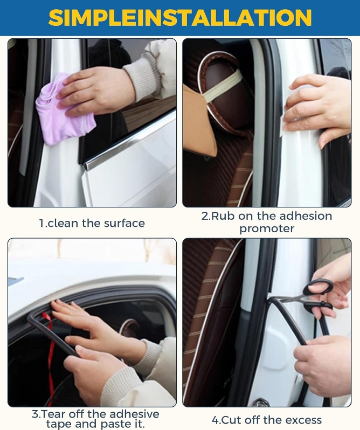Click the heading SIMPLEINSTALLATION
180,17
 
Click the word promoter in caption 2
267,228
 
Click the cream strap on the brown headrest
222,87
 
